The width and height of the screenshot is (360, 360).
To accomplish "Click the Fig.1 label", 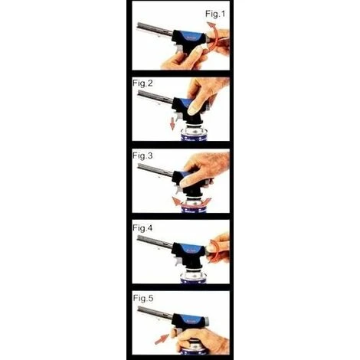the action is [x=215, y=14].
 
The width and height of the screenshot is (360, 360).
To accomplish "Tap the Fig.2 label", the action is [x=142, y=83].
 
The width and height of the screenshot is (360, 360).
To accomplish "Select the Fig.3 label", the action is [x=142, y=155].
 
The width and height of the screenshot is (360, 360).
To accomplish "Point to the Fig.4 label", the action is [x=142, y=227].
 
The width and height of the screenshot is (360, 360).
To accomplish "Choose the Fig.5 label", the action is [x=143, y=298].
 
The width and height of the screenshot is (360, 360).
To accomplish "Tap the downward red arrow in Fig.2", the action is [x=173, y=123].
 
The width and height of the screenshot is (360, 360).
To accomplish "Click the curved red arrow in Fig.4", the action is [x=217, y=250].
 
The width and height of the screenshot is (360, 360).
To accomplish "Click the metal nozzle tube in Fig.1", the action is [x=155, y=28].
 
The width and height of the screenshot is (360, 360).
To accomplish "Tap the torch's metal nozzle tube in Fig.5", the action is [x=155, y=313].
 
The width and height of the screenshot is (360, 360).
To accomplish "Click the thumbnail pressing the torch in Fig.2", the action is [x=191, y=110].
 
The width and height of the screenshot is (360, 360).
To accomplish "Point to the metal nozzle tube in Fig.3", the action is [x=155, y=170].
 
